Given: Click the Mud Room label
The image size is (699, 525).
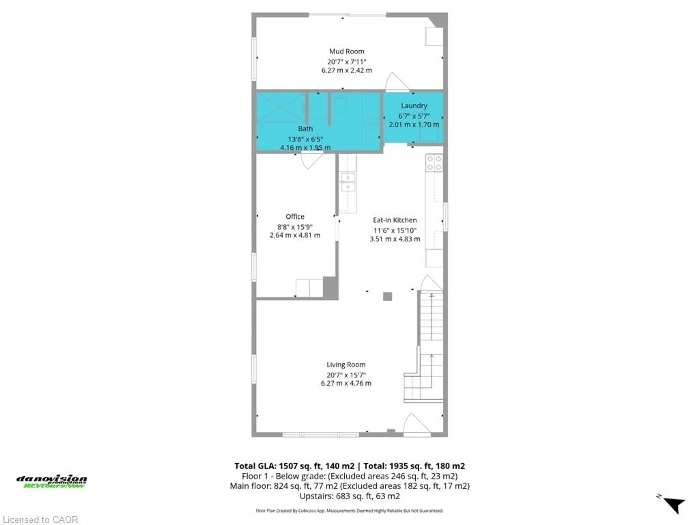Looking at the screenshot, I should [x=346, y=51].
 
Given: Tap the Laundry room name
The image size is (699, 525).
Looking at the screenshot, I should [x=414, y=106].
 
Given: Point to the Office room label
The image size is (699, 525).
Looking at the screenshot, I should [x=295, y=216].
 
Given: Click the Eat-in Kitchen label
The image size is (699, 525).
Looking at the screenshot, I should [x=395, y=220].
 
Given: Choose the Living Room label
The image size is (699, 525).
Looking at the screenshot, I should [x=346, y=365].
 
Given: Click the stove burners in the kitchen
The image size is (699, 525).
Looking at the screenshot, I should [x=434, y=163].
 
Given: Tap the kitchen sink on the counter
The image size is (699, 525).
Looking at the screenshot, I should [x=348, y=182].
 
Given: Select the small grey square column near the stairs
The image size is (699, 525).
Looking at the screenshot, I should [x=387, y=297].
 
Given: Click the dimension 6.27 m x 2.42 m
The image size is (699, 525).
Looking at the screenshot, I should [x=346, y=70].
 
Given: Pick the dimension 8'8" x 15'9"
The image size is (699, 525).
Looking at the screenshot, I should [x=295, y=227].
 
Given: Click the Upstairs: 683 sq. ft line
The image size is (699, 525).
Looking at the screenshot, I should [x=349, y=496].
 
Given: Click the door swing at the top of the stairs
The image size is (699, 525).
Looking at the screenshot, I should [x=430, y=283].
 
